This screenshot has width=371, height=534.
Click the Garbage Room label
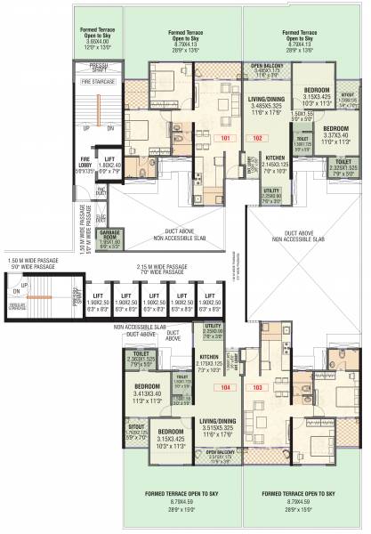pos(109,237)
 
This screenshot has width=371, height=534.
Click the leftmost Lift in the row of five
pos(96,295)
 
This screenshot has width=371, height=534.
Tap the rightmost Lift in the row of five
pos(211,295)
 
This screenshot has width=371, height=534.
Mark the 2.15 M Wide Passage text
pos(160,266)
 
